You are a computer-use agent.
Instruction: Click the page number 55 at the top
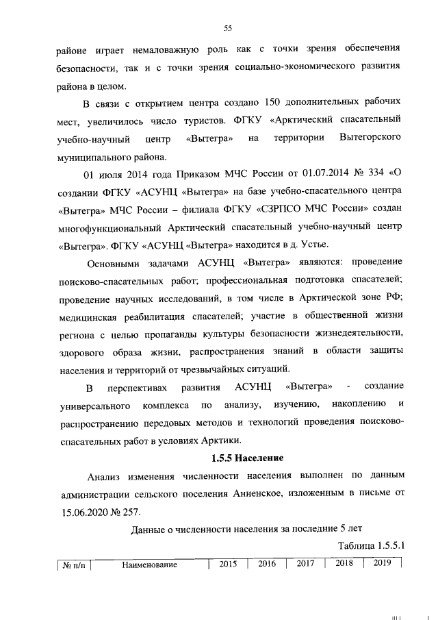point(228,27)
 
